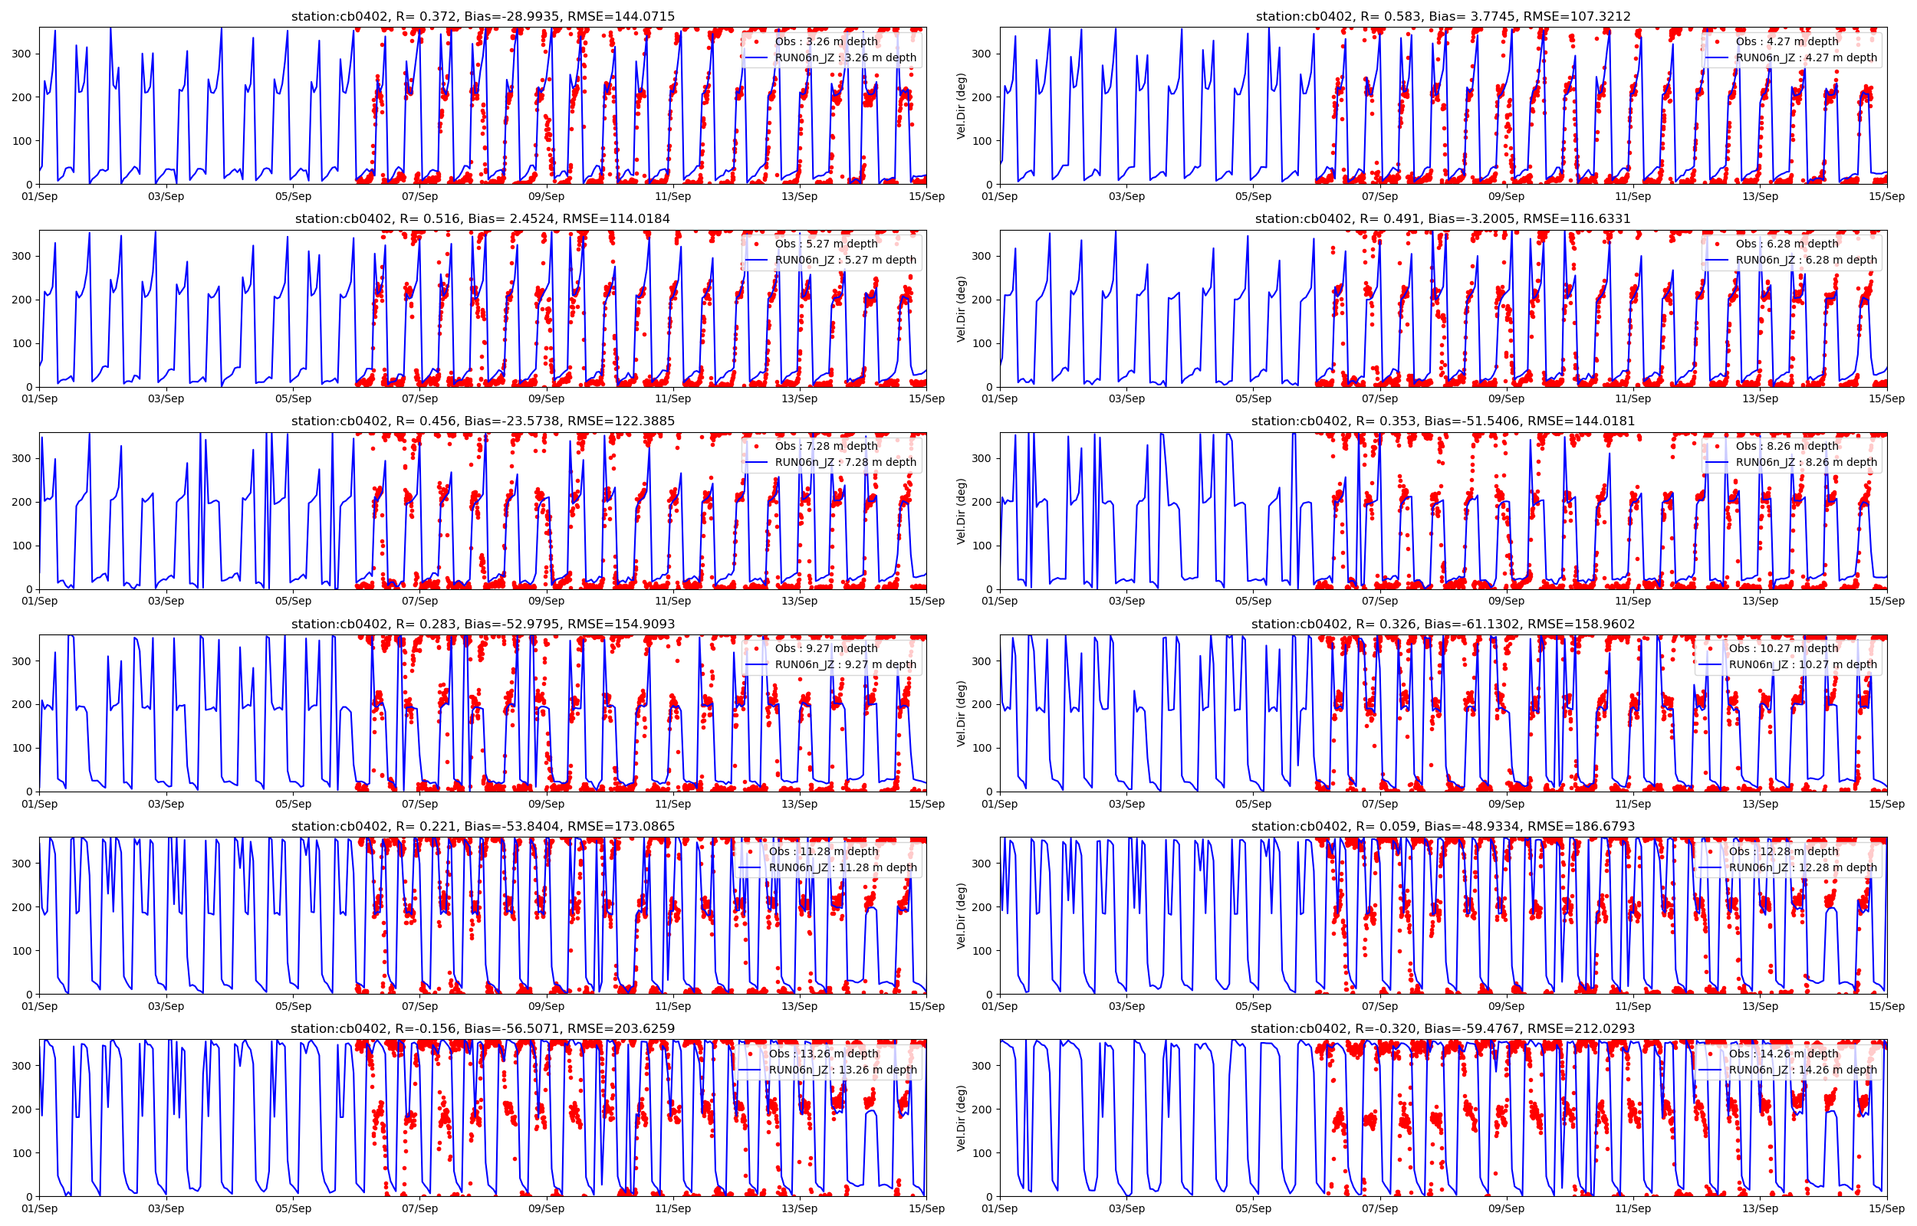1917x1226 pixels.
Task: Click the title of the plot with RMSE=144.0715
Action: (482, 16)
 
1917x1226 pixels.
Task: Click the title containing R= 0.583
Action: (1442, 16)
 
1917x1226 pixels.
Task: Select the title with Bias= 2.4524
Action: (482, 219)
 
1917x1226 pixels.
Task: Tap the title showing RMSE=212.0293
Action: (1442, 1028)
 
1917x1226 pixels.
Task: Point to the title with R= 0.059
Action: (1442, 826)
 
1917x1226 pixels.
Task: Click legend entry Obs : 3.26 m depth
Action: (826, 41)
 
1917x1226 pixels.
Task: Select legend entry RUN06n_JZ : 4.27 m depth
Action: (1806, 57)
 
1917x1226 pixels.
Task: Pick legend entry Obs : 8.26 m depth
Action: (1787, 446)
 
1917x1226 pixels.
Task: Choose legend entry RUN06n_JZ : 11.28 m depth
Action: (843, 867)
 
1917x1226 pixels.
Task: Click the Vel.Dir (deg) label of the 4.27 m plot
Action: (962, 106)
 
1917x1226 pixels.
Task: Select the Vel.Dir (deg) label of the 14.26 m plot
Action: (962, 1118)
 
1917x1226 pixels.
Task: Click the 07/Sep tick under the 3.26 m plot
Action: (419, 197)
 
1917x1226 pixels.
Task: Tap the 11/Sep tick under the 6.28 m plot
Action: (1633, 399)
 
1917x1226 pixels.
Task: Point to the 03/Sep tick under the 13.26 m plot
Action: (166, 1208)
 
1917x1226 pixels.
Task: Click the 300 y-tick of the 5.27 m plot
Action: (21, 257)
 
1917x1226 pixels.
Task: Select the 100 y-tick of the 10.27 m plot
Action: (982, 749)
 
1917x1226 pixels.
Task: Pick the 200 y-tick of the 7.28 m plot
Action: (21, 503)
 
